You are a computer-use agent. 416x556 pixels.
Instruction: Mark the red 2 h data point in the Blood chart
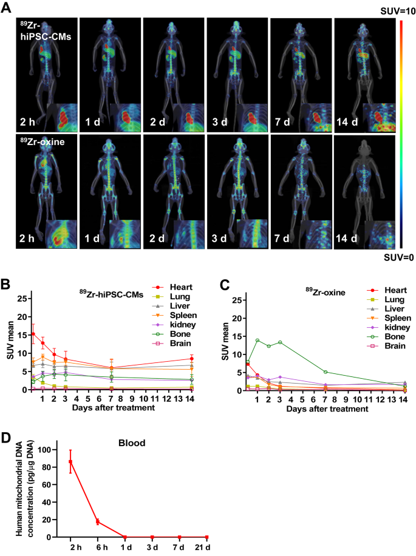pyautogui.click(x=71, y=462)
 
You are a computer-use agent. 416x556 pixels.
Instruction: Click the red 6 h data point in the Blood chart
pyautogui.click(x=98, y=521)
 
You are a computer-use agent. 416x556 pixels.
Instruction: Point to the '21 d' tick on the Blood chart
pyautogui.click(x=206, y=548)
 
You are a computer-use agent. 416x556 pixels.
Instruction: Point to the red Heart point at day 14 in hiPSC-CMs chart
pyautogui.click(x=191, y=359)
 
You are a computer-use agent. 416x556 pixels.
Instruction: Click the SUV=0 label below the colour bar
pyautogui.click(x=403, y=257)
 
